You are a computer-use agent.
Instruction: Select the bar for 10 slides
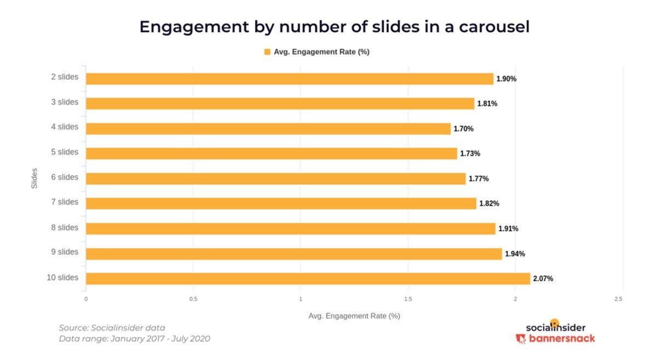308,278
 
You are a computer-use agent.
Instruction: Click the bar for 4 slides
268,129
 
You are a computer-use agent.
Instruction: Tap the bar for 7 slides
281,204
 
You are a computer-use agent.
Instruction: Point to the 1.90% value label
506,79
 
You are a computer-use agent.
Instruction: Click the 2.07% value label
543,278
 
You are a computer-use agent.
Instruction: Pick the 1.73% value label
470,154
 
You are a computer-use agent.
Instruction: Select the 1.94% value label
515,254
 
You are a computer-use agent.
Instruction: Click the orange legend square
267,52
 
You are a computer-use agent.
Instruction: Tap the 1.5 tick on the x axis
407,299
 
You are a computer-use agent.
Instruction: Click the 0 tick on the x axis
86,299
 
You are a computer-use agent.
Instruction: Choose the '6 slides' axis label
65,177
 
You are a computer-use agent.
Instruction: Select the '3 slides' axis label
65,102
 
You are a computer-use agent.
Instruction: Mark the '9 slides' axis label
65,252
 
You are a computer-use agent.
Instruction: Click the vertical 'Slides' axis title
34,178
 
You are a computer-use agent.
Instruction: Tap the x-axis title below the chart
354,316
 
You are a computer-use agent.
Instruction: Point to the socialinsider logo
555,327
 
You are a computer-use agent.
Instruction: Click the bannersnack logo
555,339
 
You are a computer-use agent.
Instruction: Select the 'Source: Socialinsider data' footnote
112,328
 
